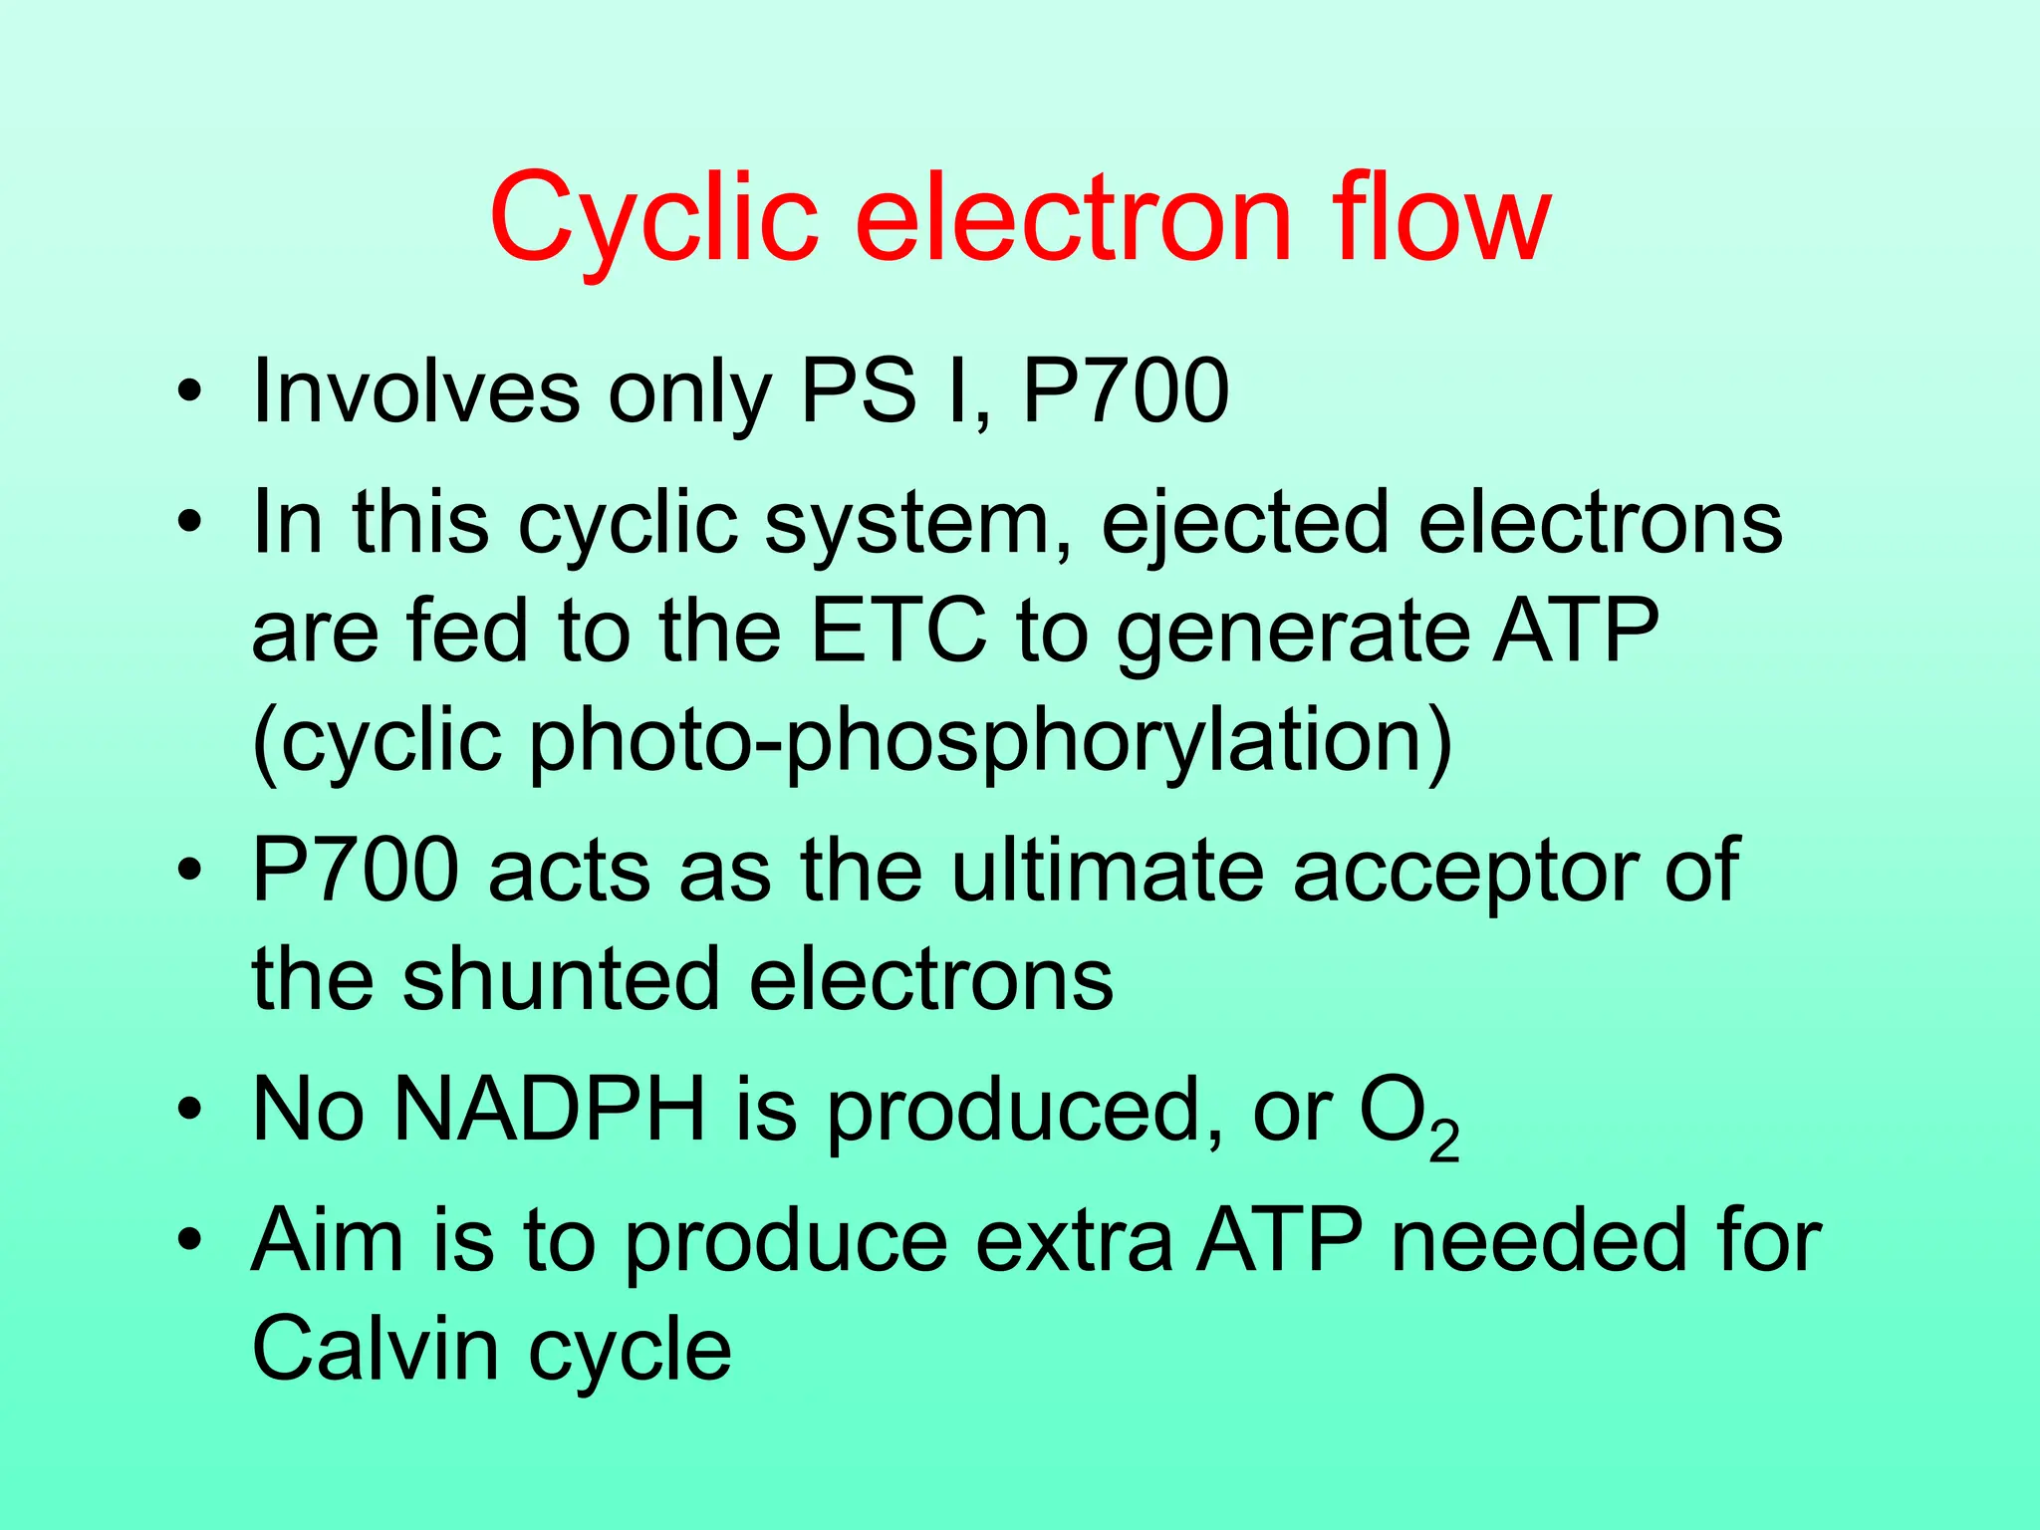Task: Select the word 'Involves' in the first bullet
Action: (x=415, y=390)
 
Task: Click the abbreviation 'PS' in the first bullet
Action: (x=858, y=390)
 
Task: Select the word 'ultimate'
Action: (x=1107, y=870)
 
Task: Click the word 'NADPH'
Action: (x=550, y=1110)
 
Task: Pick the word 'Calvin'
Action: (x=375, y=1349)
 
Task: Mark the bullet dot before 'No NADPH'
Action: (x=189, y=1110)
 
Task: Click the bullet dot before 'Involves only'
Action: (x=189, y=390)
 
